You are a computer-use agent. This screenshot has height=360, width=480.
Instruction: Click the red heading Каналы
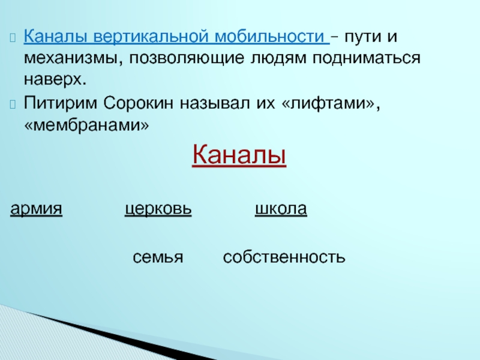(239, 155)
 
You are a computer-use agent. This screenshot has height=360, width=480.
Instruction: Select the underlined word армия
(36, 209)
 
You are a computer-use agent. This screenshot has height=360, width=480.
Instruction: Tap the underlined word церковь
(158, 209)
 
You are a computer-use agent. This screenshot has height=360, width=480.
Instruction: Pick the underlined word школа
(281, 209)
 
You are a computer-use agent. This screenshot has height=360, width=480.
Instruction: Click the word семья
(158, 257)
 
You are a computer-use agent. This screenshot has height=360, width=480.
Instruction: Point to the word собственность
(284, 257)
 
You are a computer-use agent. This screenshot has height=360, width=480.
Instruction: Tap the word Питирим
(60, 103)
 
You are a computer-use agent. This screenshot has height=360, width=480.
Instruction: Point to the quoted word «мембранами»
(86, 125)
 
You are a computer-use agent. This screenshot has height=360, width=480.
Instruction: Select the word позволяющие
(187, 58)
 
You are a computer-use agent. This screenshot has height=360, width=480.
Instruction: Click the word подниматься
(367, 58)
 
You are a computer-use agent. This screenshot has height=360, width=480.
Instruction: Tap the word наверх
(55, 80)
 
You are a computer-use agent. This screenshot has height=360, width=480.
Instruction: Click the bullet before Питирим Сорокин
(13, 104)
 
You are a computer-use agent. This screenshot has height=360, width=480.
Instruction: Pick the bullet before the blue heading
(13, 37)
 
